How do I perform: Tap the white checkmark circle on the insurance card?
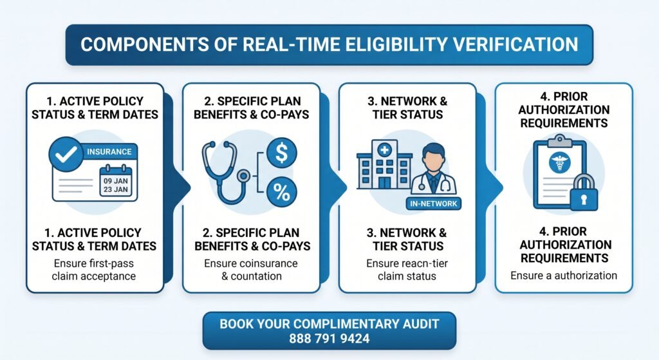[x=66, y=154]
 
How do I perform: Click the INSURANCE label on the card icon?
[x=109, y=152]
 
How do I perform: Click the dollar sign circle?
[x=282, y=153]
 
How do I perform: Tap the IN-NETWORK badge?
[x=433, y=204]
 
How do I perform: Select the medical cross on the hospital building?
[x=384, y=149]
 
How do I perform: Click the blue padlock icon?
[x=583, y=193]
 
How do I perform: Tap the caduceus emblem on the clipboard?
[x=559, y=162]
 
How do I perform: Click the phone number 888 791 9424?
[x=329, y=339]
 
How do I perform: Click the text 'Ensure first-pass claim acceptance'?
[x=94, y=270]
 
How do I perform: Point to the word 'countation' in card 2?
[x=256, y=276]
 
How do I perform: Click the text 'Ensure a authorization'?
[x=564, y=276]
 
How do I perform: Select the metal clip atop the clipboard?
[x=559, y=141]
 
